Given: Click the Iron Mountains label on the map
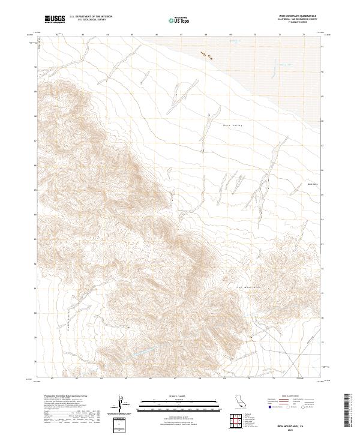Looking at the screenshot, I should [248, 287].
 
